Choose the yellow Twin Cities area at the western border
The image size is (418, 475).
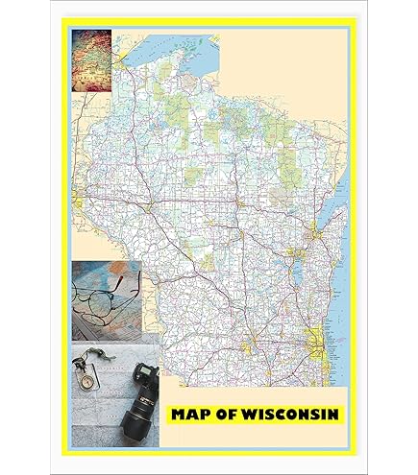coord(76,201)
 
